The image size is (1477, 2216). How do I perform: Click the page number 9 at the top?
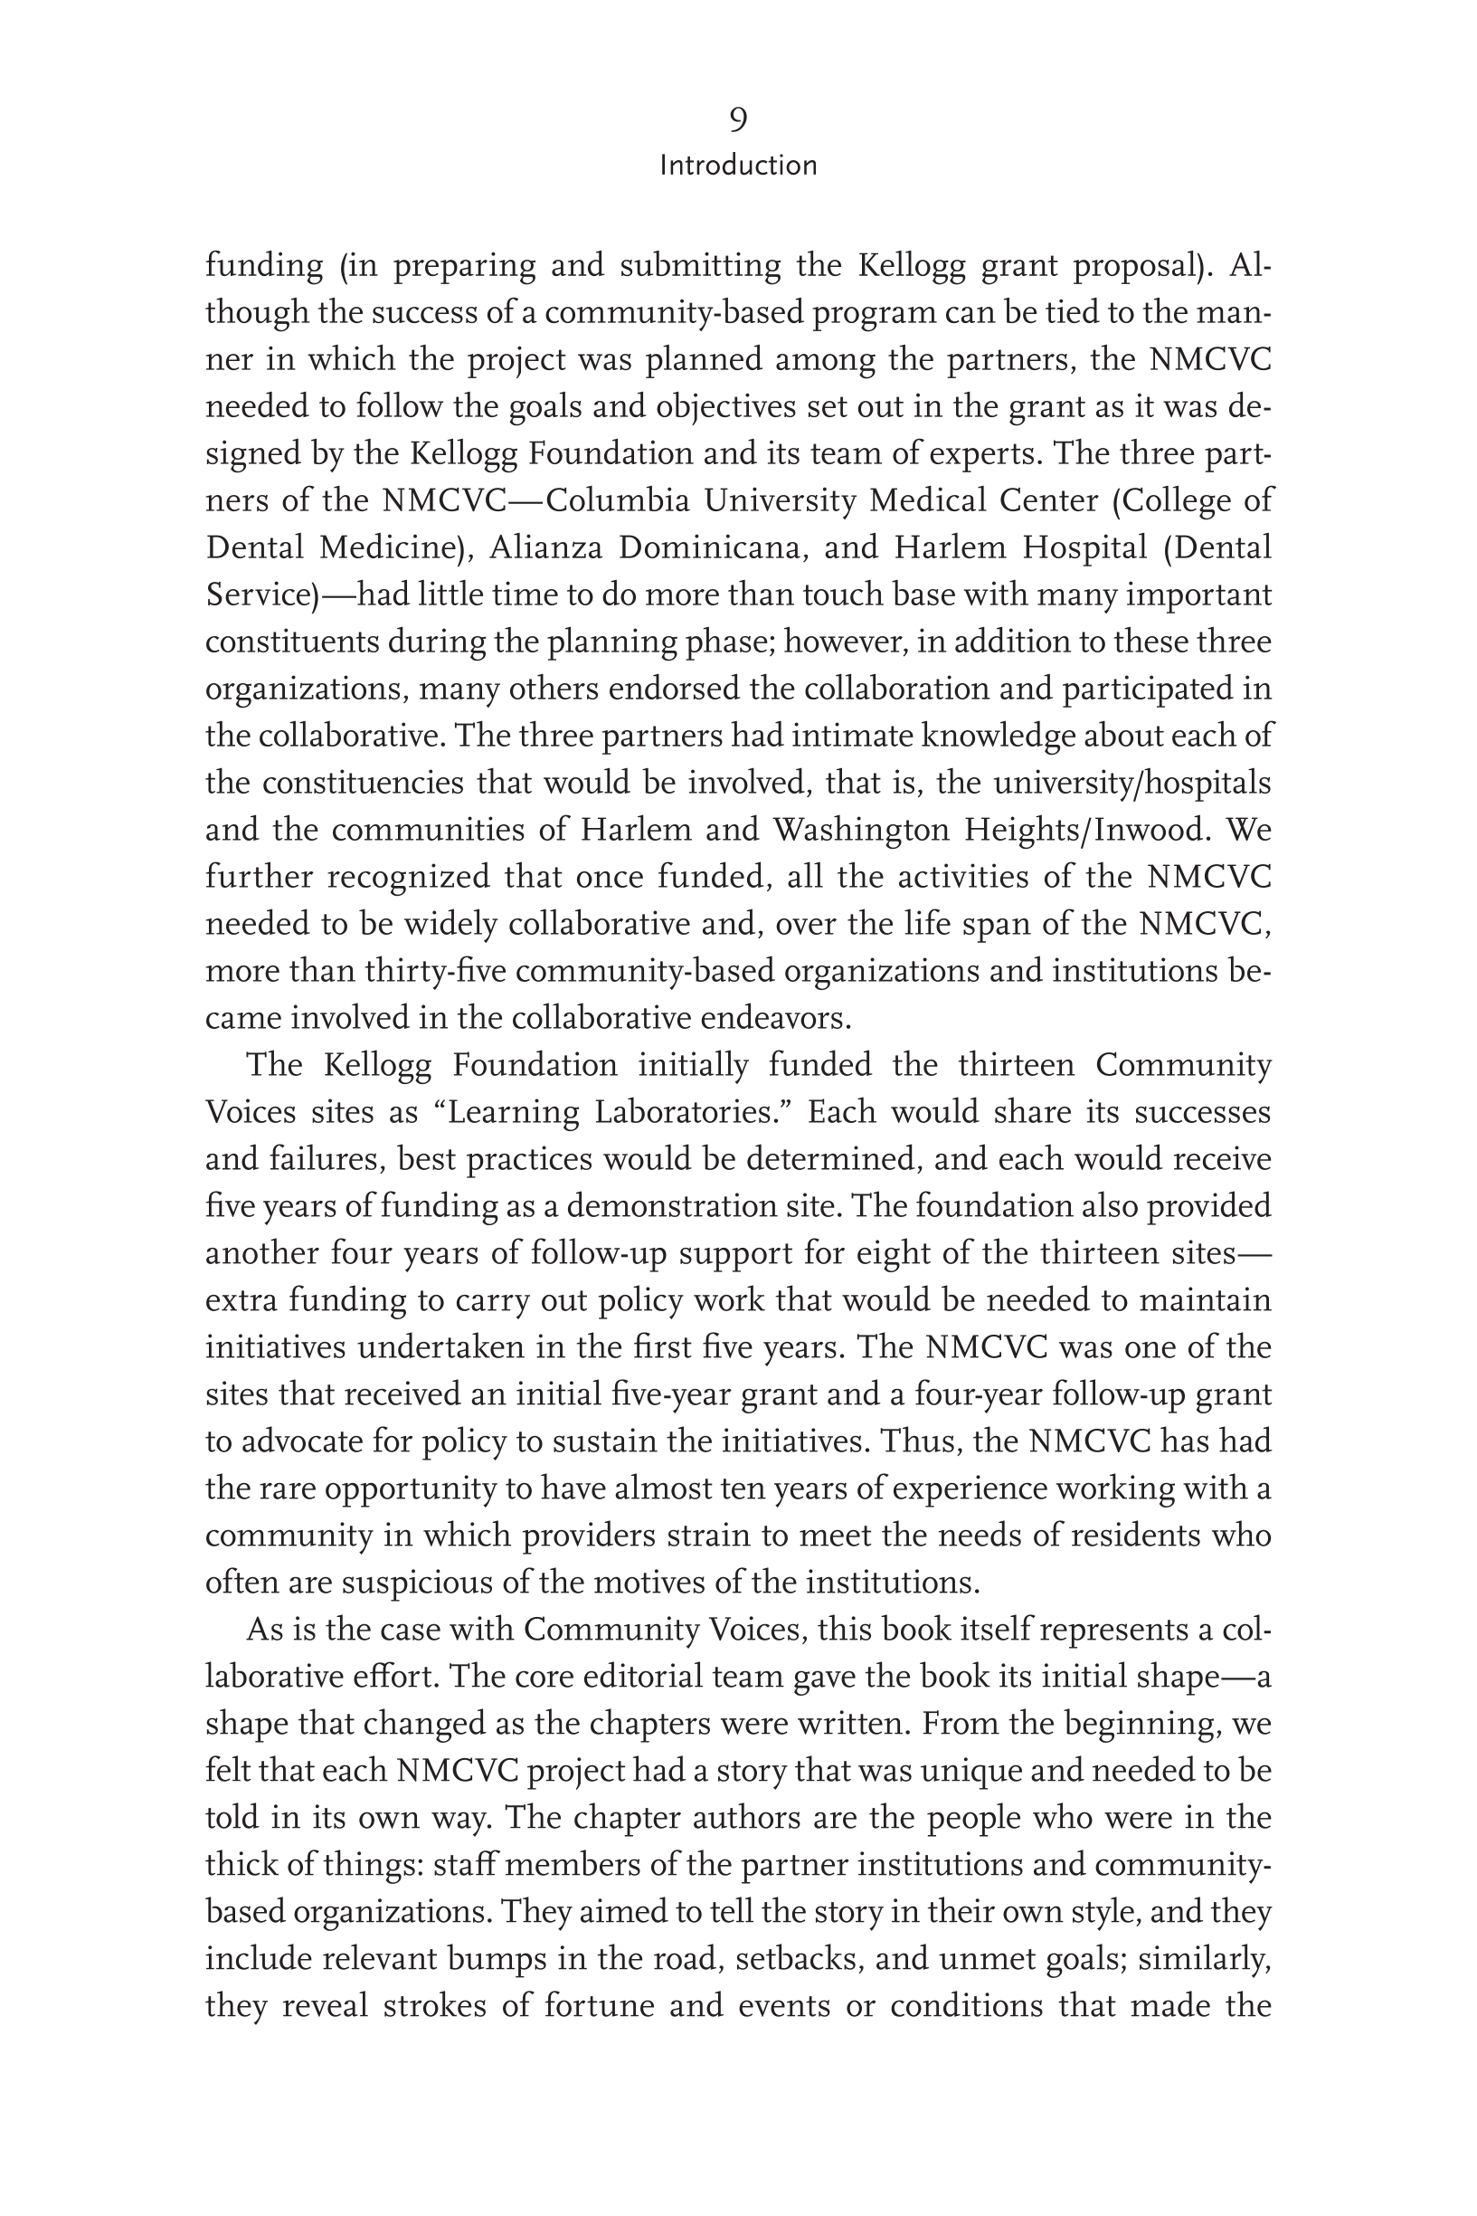pos(738,119)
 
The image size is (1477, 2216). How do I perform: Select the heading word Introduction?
pos(738,166)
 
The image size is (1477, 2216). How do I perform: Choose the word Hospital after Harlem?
pos(1084,547)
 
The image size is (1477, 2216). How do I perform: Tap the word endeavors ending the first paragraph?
pos(772,1019)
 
